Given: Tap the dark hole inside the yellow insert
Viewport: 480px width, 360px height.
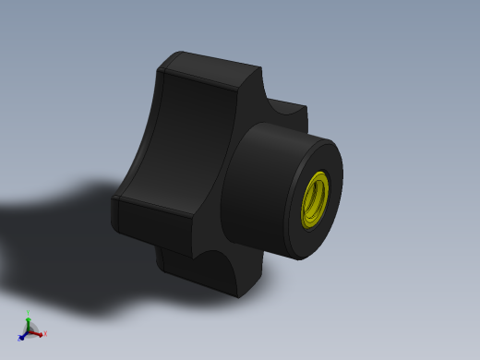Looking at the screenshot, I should coord(316,198).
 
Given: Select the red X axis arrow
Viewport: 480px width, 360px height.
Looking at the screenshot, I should coord(38,333).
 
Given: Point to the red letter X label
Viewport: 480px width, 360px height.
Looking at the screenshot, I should coord(44,334).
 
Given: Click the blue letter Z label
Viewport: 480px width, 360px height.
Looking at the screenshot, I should coord(19,340).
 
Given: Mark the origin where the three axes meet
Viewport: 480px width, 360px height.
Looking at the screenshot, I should coord(30,331).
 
